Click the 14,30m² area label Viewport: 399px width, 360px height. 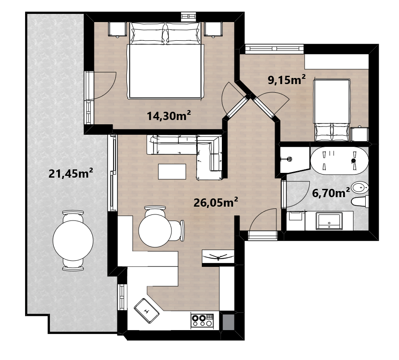click(169, 116)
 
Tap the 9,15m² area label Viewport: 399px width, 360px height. click(286, 80)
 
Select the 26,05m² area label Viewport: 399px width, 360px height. click(216, 202)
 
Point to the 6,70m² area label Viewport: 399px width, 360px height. click(331, 193)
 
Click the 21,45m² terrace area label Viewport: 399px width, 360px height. click(71, 174)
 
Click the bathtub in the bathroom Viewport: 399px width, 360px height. click(339, 161)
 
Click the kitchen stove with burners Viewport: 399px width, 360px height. click(202, 320)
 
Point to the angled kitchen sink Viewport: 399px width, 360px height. click(146, 311)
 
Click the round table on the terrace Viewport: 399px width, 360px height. click(73, 240)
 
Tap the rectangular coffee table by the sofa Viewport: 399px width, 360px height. click(172, 172)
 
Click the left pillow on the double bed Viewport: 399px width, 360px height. click(148, 33)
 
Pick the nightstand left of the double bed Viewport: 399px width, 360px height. click(117, 29)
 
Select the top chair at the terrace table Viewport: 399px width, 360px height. click(73, 215)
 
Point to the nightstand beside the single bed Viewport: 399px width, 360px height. click(359, 134)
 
